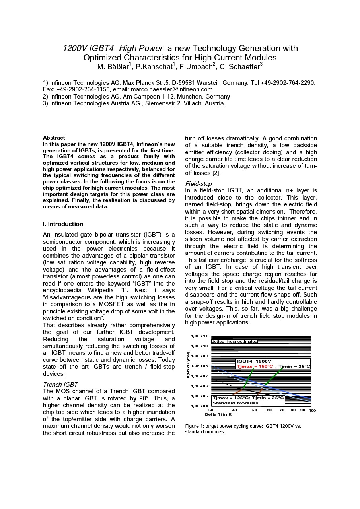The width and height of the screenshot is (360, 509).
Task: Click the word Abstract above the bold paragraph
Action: (x=54, y=138)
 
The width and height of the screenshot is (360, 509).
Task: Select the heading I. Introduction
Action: (x=63, y=224)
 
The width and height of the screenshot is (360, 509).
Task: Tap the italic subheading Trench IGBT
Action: (x=60, y=385)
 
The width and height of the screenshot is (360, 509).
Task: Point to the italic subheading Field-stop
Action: (x=198, y=184)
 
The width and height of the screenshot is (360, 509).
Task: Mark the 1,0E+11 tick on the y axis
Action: (x=199, y=336)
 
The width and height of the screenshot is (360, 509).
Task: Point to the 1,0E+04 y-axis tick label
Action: (x=199, y=406)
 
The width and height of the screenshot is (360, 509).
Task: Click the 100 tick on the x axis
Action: (x=312, y=410)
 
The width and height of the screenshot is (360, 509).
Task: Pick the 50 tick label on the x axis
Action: (x=255, y=410)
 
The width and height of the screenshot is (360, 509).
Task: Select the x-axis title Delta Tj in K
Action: (x=218, y=414)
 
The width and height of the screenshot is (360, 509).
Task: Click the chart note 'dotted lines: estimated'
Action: (x=234, y=342)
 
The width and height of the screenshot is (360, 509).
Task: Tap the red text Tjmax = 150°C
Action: (x=255, y=367)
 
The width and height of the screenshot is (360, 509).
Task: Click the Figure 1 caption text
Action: (x=243, y=429)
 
